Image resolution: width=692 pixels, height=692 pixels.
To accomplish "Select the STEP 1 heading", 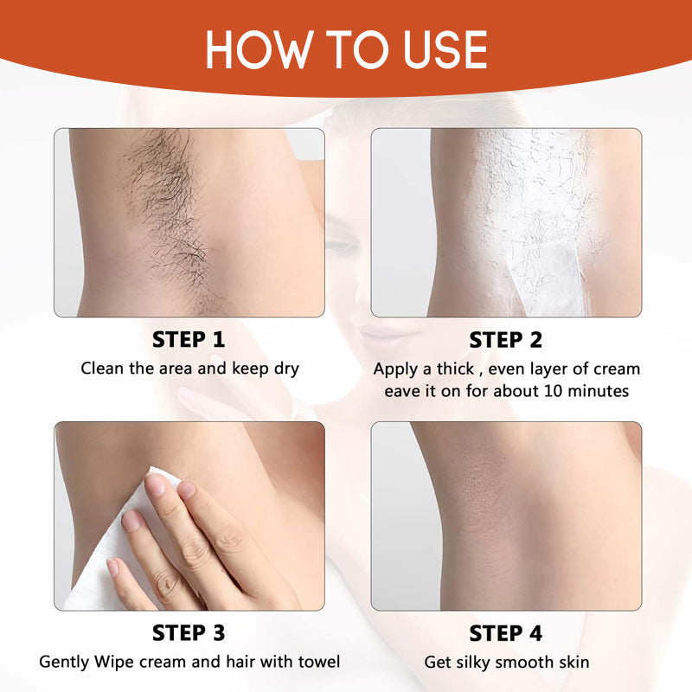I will tap(189, 340).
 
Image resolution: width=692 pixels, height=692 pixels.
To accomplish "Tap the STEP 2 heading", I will tap(506, 340).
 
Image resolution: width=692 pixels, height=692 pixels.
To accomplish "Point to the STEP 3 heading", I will tap(189, 633).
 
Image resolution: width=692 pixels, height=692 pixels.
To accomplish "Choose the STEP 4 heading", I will tap(506, 633).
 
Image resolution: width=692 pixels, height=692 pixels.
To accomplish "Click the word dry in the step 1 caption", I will tap(284, 369).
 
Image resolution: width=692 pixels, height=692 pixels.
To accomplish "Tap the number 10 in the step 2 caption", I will tap(554, 391).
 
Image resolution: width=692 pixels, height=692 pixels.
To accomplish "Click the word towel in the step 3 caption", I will tap(318, 663).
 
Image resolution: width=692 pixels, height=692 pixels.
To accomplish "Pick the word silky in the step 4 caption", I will tap(478, 663).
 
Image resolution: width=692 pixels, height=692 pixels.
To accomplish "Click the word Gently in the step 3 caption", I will tap(64, 663).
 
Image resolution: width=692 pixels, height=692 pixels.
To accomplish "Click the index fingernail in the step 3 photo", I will tap(156, 485).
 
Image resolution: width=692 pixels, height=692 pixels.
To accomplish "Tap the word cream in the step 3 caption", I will tap(171, 663).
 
